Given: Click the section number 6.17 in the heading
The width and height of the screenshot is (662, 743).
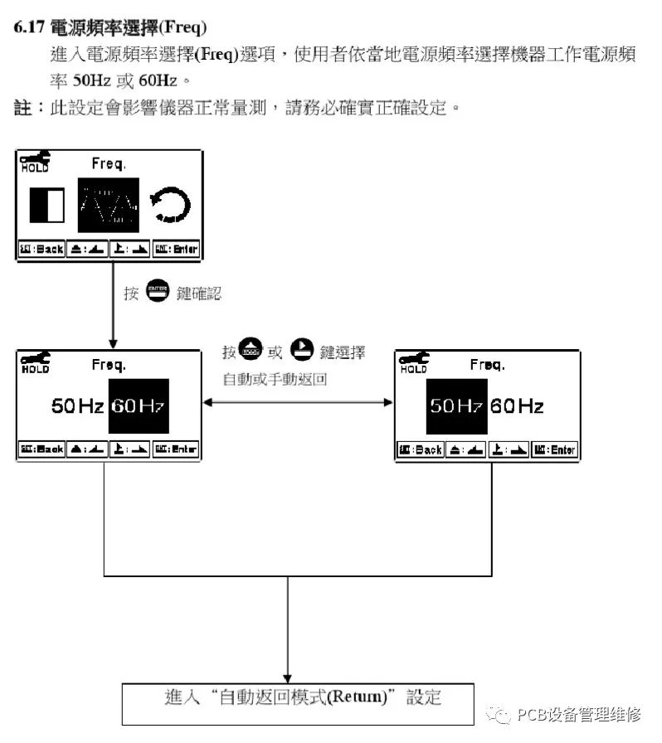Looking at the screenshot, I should (x=30, y=27).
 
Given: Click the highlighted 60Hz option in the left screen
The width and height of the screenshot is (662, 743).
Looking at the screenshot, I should (x=139, y=406).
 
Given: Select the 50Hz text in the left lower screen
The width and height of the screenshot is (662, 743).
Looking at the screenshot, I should (x=77, y=406).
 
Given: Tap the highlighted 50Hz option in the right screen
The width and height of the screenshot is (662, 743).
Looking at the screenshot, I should (x=455, y=406).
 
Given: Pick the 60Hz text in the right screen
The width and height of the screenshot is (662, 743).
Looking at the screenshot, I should (x=517, y=406).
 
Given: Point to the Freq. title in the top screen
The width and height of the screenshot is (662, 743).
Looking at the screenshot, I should (x=109, y=162).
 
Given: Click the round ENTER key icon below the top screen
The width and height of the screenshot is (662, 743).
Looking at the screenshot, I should (x=157, y=292).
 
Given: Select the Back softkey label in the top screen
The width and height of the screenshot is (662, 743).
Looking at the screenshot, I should (x=41, y=249).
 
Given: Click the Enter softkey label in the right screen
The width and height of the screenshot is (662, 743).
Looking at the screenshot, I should (x=554, y=449).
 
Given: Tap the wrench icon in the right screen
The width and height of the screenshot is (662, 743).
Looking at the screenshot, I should (x=413, y=358).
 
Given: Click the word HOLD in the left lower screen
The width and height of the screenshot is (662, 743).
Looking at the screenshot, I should (x=36, y=370).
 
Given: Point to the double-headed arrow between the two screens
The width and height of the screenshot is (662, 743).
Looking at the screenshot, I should (x=299, y=403).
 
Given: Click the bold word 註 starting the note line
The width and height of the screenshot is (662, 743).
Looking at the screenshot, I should (x=22, y=108).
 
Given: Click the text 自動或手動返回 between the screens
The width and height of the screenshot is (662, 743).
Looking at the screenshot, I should (x=275, y=380).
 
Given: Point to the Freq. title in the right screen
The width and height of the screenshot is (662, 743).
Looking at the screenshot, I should (x=487, y=365).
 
